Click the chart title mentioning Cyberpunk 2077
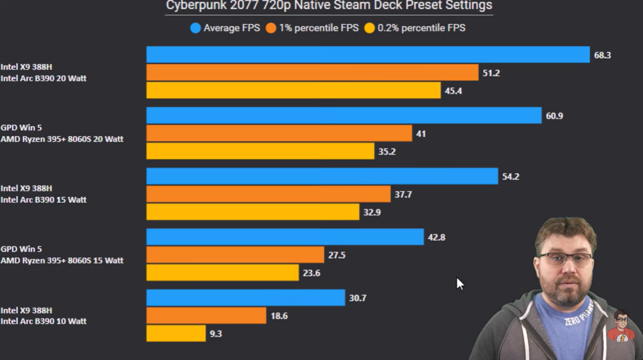pos(328,6)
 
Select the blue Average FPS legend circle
pos(196,28)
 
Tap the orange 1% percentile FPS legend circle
pos(271,28)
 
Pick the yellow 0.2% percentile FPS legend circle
pos(370,28)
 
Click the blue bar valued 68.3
pos(368,55)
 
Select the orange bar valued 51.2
pos(312,73)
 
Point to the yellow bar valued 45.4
pos(293,90)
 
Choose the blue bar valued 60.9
pos(343,116)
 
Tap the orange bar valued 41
pos(279,133)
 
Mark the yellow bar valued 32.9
pos(252,212)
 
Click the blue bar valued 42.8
pos(285,237)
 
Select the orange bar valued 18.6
pos(206,316)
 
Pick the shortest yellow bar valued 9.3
pos(175,334)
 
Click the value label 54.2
pos(510,177)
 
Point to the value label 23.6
pos(311,273)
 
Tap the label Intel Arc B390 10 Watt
pos(43,321)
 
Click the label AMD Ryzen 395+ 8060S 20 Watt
pos(62,139)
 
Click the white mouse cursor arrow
pos(460,284)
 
